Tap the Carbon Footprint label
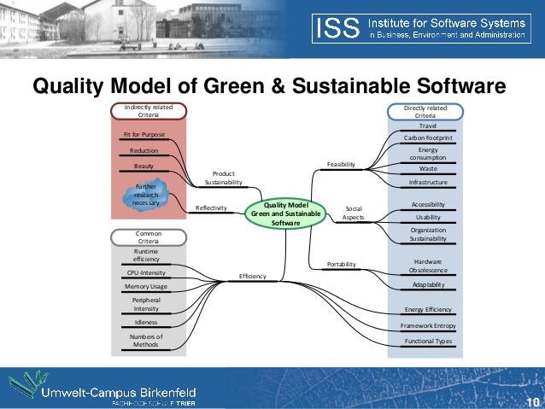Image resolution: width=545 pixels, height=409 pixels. (428, 137)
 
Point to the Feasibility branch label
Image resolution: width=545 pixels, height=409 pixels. (340, 163)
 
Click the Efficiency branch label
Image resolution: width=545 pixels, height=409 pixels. (252, 276)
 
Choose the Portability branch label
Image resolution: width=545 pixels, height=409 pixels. (341, 265)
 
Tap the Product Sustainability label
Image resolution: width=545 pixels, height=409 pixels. (223, 178)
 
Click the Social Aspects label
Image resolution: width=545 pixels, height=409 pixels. (353, 213)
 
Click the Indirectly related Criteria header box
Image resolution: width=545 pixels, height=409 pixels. (148, 112)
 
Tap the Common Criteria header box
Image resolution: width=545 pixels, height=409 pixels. (148, 237)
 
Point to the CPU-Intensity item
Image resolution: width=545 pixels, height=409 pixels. (145, 272)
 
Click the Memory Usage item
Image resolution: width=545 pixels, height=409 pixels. (145, 286)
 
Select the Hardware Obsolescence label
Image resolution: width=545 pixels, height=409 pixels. (427, 266)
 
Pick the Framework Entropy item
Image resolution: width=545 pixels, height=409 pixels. (428, 326)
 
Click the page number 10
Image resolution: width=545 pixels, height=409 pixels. (533, 402)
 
